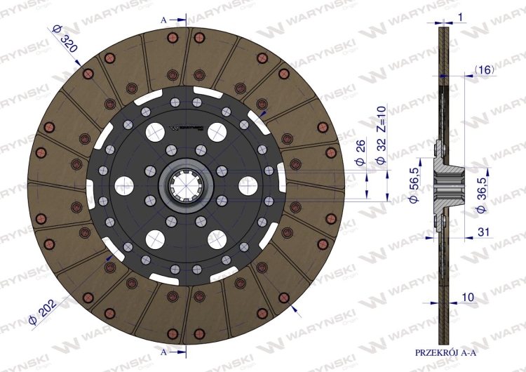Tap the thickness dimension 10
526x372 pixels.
(468, 297)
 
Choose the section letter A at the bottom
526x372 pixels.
(163, 350)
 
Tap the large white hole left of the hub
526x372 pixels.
(124, 185)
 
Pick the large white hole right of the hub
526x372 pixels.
(249, 185)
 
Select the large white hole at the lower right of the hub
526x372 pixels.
(217, 239)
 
